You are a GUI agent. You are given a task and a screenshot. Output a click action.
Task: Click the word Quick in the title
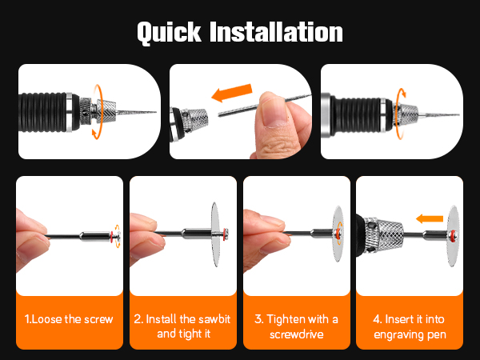pyautogui.click(x=169, y=33)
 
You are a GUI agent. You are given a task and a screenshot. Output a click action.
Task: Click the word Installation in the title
pyautogui.click(x=276, y=32)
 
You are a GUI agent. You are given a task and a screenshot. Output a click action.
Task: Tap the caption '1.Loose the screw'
pyautogui.click(x=69, y=319)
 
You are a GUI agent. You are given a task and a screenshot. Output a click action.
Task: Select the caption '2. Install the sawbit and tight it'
pyautogui.click(x=182, y=326)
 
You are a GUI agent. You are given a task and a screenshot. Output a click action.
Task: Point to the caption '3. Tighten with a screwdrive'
pyautogui.click(x=296, y=326)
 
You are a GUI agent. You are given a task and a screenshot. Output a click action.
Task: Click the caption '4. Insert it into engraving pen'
pyautogui.click(x=410, y=327)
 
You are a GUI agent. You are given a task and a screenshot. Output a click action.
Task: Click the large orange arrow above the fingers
pyautogui.click(x=232, y=93)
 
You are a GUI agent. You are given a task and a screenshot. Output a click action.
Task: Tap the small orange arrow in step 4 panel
pyautogui.click(x=430, y=218)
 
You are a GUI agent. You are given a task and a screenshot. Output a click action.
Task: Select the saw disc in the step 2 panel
pyautogui.click(x=215, y=234)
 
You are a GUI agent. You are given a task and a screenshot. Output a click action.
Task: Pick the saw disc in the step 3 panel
pyautogui.click(x=338, y=234)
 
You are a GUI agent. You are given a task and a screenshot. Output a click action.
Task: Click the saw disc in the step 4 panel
pyautogui.click(x=453, y=236)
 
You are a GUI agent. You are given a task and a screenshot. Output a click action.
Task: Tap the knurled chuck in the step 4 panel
pyautogui.click(x=383, y=235)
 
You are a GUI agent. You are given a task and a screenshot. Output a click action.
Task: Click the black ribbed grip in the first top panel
pyautogui.click(x=43, y=112)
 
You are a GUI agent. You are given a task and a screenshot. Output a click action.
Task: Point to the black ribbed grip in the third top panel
pyautogui.click(x=357, y=116)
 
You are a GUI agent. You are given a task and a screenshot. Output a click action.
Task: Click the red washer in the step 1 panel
pyautogui.click(x=112, y=237)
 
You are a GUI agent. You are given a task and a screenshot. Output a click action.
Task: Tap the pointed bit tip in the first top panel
pyautogui.click(x=156, y=112)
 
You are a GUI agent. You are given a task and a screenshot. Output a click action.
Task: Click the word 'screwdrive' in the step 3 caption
pyautogui.click(x=296, y=334)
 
